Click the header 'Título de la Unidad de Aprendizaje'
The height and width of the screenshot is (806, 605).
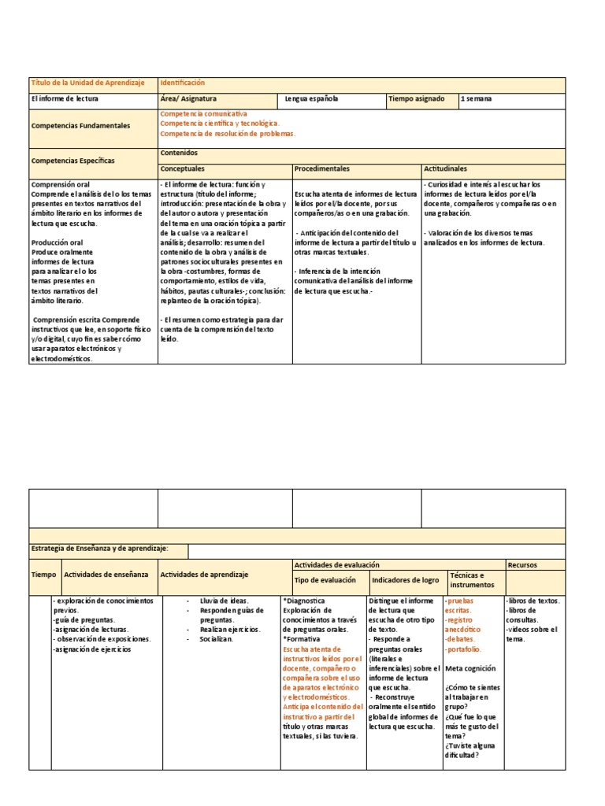click(x=87, y=83)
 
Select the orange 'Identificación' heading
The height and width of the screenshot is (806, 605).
click(x=183, y=83)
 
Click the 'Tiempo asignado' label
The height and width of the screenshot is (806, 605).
click(x=416, y=99)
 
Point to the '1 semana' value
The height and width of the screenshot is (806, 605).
click(x=477, y=99)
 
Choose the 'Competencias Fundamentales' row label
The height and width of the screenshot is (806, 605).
click(x=80, y=126)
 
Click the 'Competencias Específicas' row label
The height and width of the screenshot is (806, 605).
click(x=72, y=161)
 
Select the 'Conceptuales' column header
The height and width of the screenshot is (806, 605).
click(x=183, y=168)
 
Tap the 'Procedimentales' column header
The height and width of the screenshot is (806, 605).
click(x=322, y=168)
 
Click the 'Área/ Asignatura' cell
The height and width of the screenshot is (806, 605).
click(x=189, y=99)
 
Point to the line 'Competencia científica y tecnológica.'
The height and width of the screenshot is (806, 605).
click(x=219, y=124)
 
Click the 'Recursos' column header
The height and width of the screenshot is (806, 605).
click(x=522, y=565)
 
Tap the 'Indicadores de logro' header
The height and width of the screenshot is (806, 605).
click(x=405, y=580)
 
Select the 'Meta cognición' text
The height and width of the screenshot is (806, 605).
click(x=470, y=668)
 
